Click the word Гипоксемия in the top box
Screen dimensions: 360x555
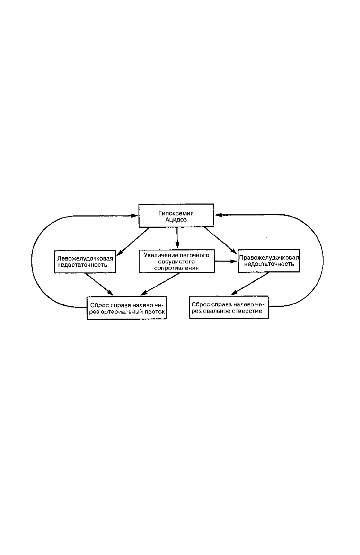(x=176, y=213)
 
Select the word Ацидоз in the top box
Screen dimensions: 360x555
(x=176, y=220)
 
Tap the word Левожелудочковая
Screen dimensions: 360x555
(x=85, y=258)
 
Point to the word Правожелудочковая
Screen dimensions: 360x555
(x=269, y=258)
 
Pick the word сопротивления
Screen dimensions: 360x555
(x=176, y=268)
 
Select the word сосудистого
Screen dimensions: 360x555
(x=176, y=262)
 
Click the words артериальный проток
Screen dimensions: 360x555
(x=133, y=312)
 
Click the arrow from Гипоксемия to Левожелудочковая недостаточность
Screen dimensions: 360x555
(x=133, y=241)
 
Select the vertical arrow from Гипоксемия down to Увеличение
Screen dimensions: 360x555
(x=177, y=237)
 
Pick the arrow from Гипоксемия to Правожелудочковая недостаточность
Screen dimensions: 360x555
(x=220, y=240)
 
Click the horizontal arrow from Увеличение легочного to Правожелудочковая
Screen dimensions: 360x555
(x=226, y=261)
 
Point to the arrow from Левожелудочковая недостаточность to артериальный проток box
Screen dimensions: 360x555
(x=99, y=284)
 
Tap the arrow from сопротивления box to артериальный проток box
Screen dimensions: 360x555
(x=160, y=284)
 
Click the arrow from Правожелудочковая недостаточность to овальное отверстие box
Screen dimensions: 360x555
(x=250, y=284)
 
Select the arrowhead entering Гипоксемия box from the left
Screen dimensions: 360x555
(x=134, y=216)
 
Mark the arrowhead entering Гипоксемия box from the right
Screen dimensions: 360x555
(x=218, y=215)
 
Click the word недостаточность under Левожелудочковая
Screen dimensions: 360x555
(x=82, y=265)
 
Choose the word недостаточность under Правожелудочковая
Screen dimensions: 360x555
(x=269, y=264)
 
